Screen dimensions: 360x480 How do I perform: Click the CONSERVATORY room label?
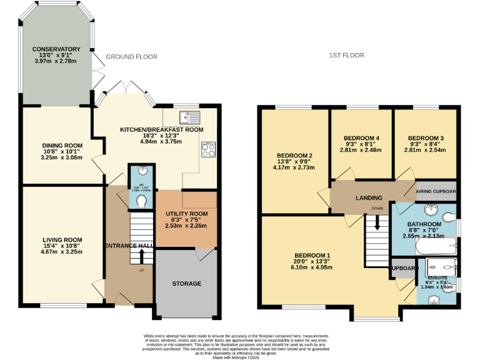coord(57,49)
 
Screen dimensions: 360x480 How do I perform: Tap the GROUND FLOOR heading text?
coord(131,57)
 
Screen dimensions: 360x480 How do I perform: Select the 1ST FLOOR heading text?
coord(346,56)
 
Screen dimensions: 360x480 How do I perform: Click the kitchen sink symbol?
coord(188,117)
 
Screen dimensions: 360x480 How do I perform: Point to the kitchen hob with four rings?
coord(208,149)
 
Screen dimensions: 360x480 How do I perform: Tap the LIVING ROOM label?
coord(62,239)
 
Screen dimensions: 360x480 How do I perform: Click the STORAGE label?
coord(187,284)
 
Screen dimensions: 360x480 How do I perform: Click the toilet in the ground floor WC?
coord(142,201)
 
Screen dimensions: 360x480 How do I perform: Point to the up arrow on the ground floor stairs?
coord(141,255)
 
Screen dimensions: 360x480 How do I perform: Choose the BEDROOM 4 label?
coord(362,137)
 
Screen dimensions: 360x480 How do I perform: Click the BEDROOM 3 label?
coord(426,137)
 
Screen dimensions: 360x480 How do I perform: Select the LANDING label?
coord(369,198)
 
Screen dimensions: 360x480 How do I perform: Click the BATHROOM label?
coord(424,223)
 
